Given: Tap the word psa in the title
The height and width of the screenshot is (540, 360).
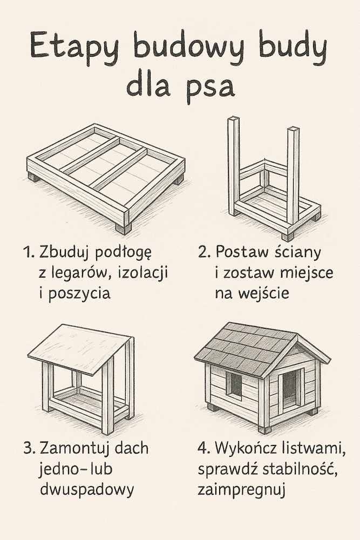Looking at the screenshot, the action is [210, 87].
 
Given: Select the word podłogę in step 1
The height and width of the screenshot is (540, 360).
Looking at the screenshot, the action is [123, 253].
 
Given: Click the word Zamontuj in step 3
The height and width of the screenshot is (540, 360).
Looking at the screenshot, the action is [75, 449].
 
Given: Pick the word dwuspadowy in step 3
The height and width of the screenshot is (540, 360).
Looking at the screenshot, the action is [87, 489].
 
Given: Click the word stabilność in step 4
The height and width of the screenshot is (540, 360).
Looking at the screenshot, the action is [300, 469].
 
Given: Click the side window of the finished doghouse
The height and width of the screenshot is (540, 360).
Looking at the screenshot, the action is [234, 384].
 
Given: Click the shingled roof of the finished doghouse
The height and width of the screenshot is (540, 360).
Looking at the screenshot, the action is [246, 348].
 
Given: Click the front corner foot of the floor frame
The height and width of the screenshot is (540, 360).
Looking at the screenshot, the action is [123, 228].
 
